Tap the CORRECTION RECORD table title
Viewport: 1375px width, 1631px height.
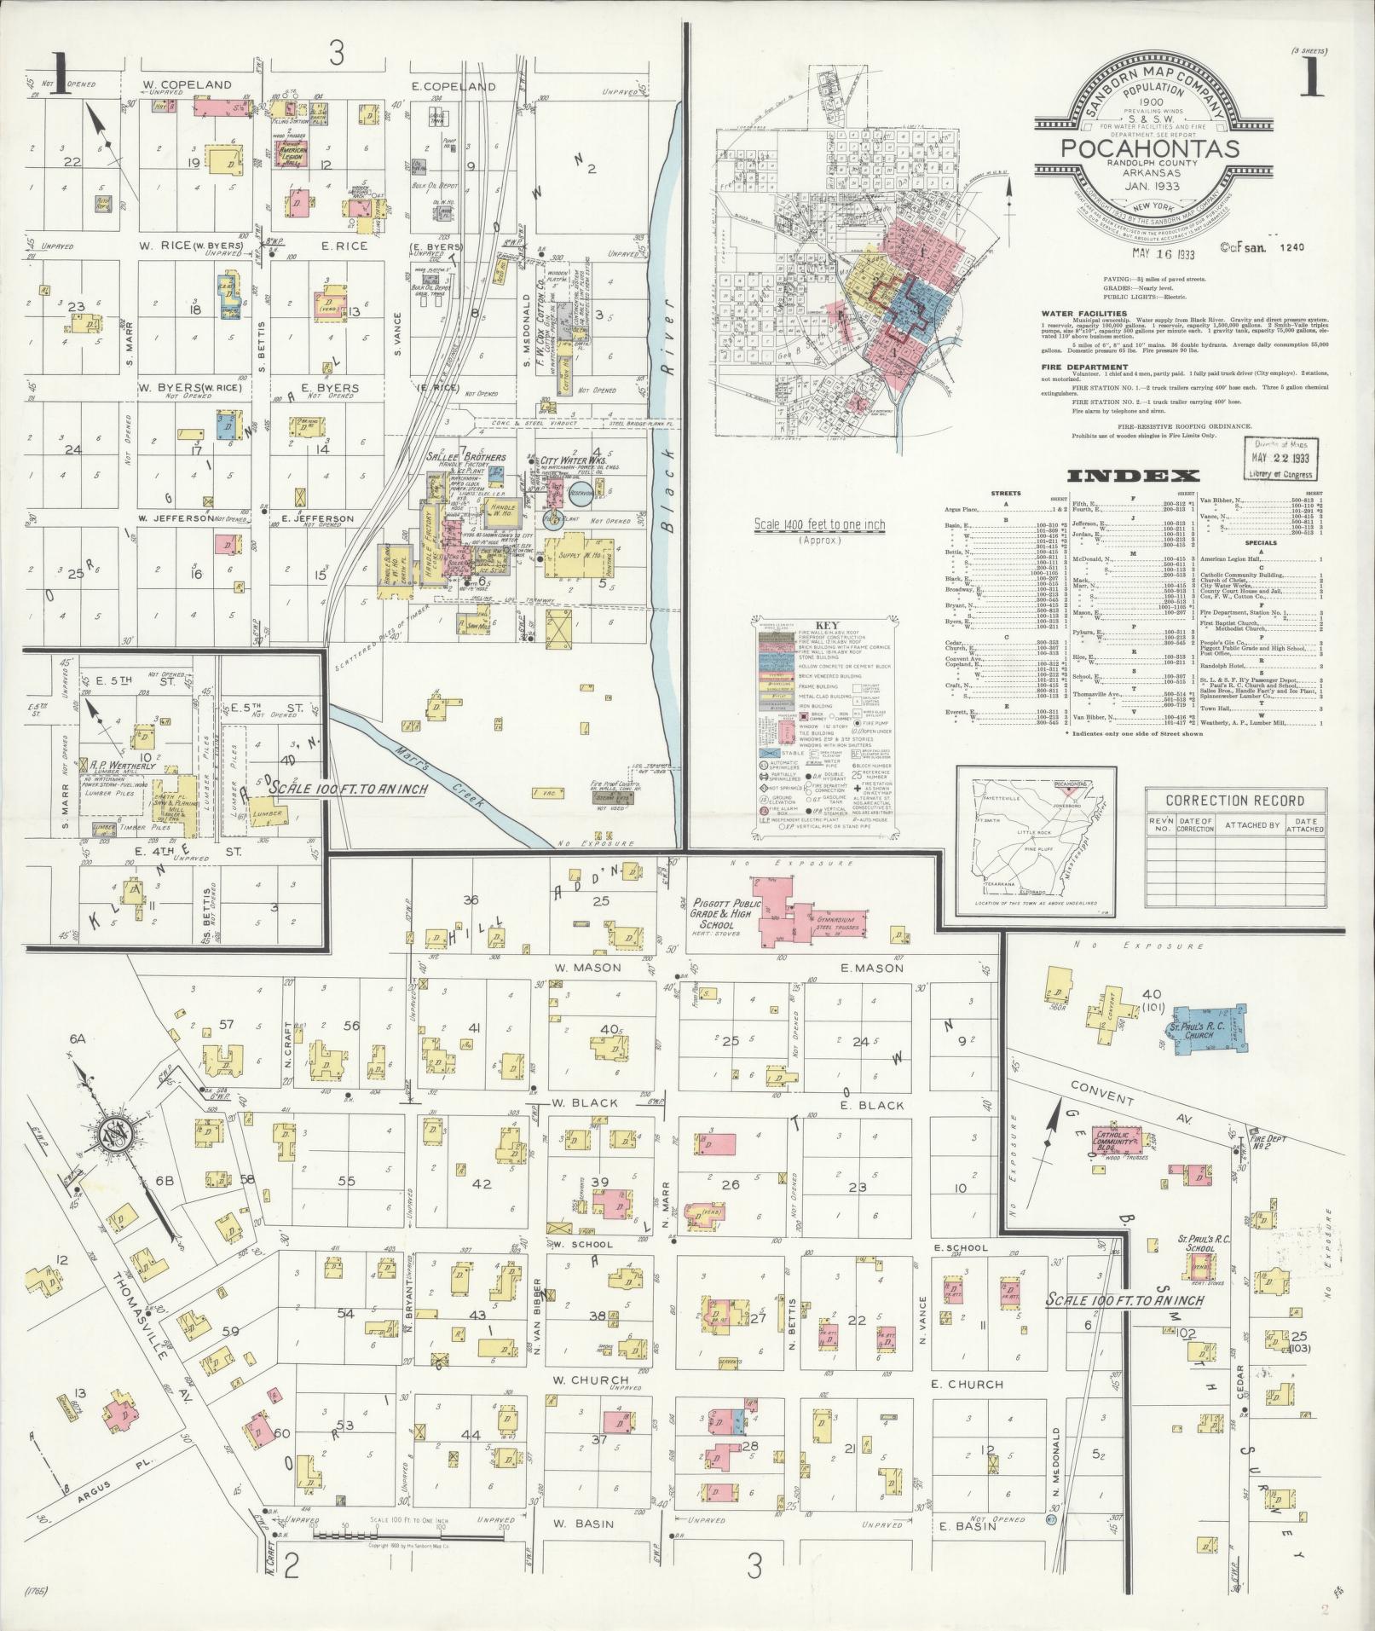pyautogui.click(x=1234, y=801)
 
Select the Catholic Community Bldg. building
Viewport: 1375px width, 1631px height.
pyautogui.click(x=1115, y=1142)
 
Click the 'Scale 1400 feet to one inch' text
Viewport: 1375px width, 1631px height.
pyautogui.click(x=819, y=525)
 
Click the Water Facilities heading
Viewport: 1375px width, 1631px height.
pyautogui.click(x=1077, y=313)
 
